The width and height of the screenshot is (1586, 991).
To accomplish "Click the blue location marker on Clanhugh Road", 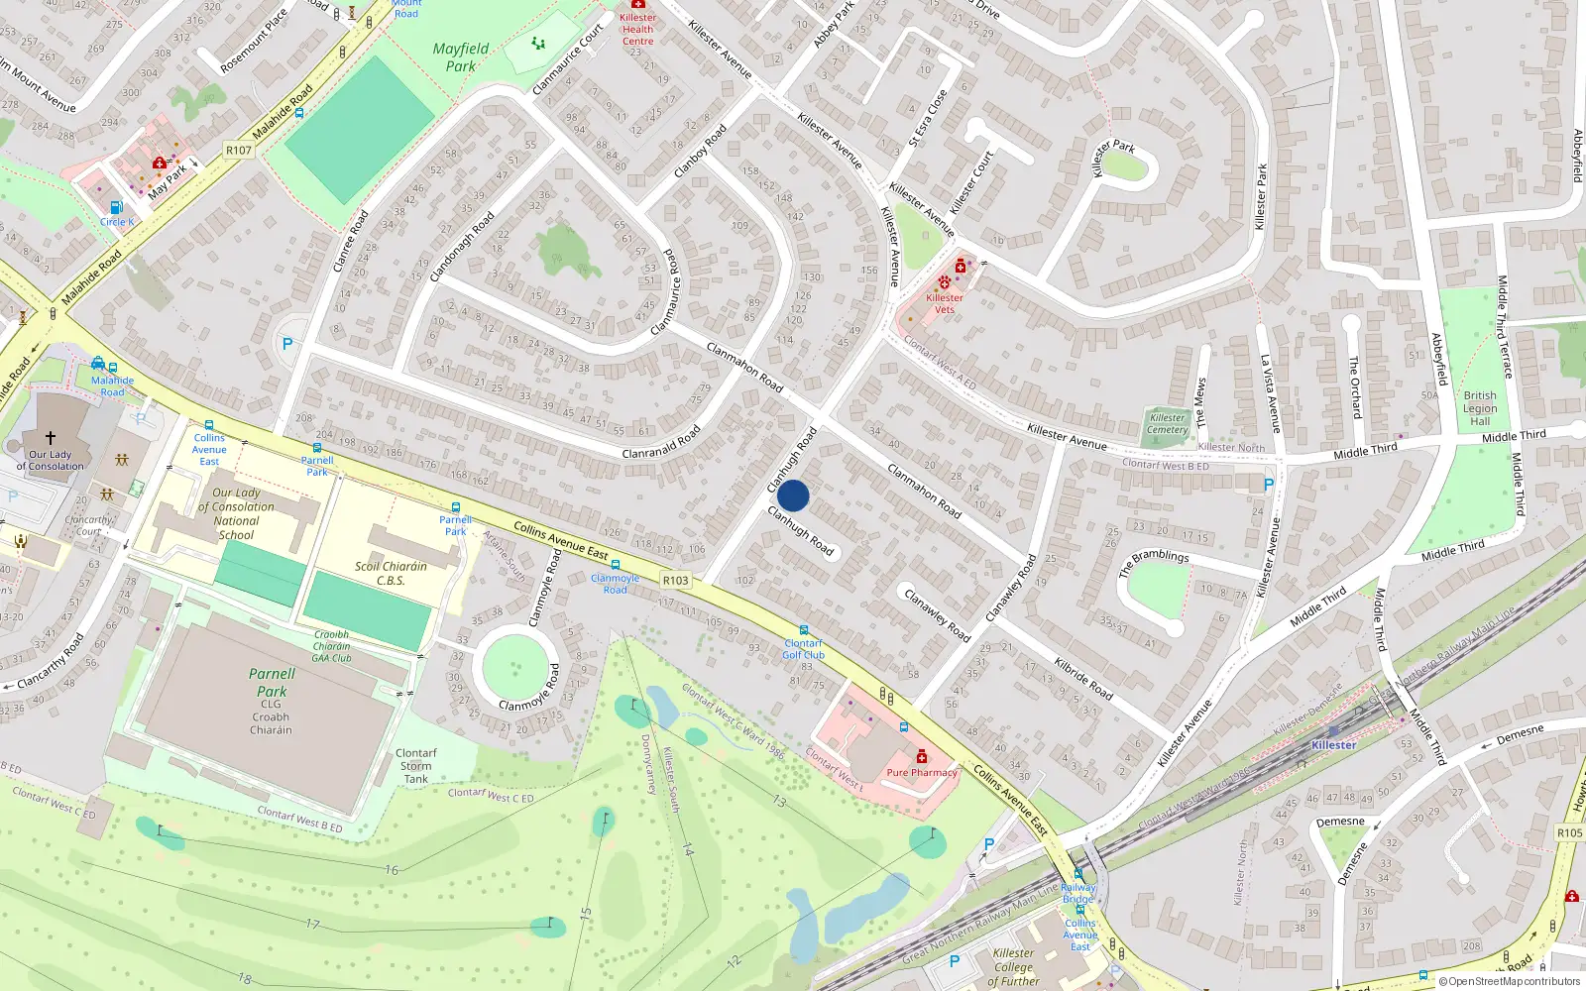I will [793, 495].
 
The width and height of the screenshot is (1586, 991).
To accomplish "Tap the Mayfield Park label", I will [460, 57].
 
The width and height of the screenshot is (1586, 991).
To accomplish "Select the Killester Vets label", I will [944, 303].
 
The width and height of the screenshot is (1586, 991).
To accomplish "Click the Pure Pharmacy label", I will [922, 773].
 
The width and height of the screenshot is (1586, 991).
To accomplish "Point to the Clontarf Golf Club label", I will [803, 649].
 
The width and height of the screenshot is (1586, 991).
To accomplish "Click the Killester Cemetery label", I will [1167, 423].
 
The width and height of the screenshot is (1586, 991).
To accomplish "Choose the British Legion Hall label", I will [1480, 408].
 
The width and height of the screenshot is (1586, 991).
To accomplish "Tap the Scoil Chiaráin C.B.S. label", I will [391, 573].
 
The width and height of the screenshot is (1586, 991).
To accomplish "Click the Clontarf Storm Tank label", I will [415, 766].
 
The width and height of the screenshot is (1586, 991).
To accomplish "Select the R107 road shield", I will [239, 151].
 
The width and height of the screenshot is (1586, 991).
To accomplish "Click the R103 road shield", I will [675, 581].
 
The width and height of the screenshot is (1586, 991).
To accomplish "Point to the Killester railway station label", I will [1333, 745].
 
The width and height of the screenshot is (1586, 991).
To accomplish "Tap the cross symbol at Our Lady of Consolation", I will [50, 437].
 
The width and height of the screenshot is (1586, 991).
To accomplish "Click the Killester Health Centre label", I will [637, 29].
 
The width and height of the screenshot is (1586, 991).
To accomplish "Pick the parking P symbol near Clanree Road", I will [287, 344].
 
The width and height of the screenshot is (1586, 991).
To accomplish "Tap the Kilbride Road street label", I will [1083, 679].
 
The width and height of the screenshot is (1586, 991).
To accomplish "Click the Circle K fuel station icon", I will [116, 207].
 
